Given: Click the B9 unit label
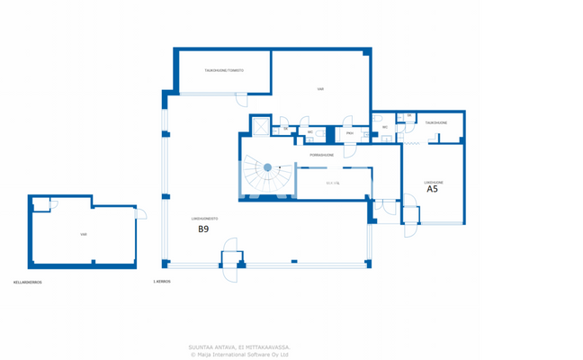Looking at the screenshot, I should pyautogui.click(x=203, y=229).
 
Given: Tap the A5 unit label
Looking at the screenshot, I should pyautogui.click(x=432, y=190).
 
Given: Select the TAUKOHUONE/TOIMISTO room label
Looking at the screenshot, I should pyautogui.click(x=223, y=70).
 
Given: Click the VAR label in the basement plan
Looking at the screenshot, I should pyautogui.click(x=84, y=234).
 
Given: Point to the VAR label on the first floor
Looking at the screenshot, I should pyautogui.click(x=320, y=89).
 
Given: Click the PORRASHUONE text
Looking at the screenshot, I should pyautogui.click(x=322, y=155).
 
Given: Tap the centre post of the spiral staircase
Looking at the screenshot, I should pyautogui.click(x=267, y=167).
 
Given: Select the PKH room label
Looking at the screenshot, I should pyautogui.click(x=349, y=133).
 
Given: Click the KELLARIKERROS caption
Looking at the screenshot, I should pyautogui.click(x=28, y=282).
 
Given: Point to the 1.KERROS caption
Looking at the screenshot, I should pyautogui.click(x=162, y=282).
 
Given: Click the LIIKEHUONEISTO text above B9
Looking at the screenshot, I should pyautogui.click(x=204, y=219).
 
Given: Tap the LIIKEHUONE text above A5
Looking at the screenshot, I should pyautogui.click(x=433, y=182).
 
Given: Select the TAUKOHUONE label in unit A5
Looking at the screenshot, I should pyautogui.click(x=436, y=122).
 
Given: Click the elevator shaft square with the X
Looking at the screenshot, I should pyautogui.click(x=261, y=127).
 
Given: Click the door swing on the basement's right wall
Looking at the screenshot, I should pyautogui.click(x=140, y=212).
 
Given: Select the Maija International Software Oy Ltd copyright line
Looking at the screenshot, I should pyautogui.click(x=239, y=355).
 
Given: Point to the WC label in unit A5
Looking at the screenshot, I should pyautogui.click(x=385, y=127).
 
